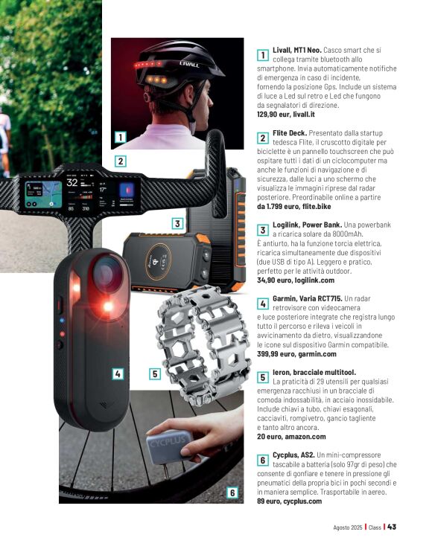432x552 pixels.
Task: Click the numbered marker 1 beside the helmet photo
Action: (x=120, y=137)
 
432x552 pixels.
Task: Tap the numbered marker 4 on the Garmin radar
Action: (x=118, y=373)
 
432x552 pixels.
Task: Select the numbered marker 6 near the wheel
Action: (x=232, y=492)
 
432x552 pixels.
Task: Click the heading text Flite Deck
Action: (x=290, y=133)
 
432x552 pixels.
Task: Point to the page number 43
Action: (x=391, y=527)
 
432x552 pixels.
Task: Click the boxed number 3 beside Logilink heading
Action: (x=262, y=231)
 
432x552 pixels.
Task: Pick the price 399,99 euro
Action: (x=276, y=354)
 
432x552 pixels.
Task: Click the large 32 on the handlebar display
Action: (x=72, y=182)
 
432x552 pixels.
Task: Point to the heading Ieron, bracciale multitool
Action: (x=314, y=372)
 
